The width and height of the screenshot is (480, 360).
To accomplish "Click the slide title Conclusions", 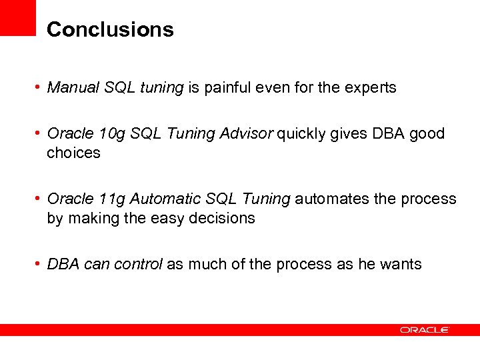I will [110, 29].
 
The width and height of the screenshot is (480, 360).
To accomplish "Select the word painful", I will [229, 87].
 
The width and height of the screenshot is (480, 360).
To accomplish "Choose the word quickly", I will [299, 133].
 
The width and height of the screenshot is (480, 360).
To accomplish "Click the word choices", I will [73, 153].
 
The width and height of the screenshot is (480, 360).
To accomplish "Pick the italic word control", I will [138, 264].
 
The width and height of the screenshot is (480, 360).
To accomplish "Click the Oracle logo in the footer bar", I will [425, 330].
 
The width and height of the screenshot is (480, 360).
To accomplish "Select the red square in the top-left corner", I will [17, 17].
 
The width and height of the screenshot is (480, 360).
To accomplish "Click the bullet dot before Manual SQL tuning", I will [39, 88].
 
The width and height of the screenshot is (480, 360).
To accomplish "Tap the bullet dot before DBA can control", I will [39, 265].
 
